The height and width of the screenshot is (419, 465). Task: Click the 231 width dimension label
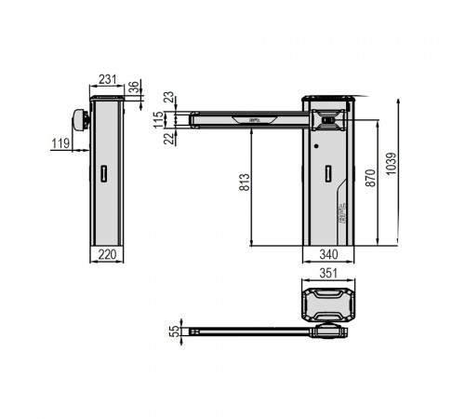[x=107, y=79]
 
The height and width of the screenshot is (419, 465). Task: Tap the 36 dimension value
[x=134, y=88]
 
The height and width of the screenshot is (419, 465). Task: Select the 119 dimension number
[x=60, y=143]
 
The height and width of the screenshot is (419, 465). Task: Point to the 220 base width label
[x=107, y=254]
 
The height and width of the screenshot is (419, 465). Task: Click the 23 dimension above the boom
[x=169, y=98]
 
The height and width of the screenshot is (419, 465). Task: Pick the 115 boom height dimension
[x=158, y=120]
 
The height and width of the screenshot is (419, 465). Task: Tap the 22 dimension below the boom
[x=169, y=139]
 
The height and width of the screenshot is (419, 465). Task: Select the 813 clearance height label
[x=245, y=182]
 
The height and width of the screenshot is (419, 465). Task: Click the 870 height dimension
[x=370, y=178]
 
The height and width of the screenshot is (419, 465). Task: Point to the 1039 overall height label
[x=392, y=164]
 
